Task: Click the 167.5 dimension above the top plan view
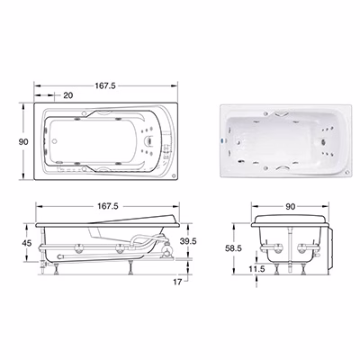[105, 85]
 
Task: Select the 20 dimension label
[68, 95]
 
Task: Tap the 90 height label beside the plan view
[23, 141]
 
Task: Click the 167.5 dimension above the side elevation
[108, 206]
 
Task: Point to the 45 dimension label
[27, 243]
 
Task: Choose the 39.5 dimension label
[188, 241]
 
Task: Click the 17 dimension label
[177, 282]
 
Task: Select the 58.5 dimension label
[233, 248]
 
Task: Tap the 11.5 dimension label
[256, 269]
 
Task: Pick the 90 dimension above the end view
[291, 206]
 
